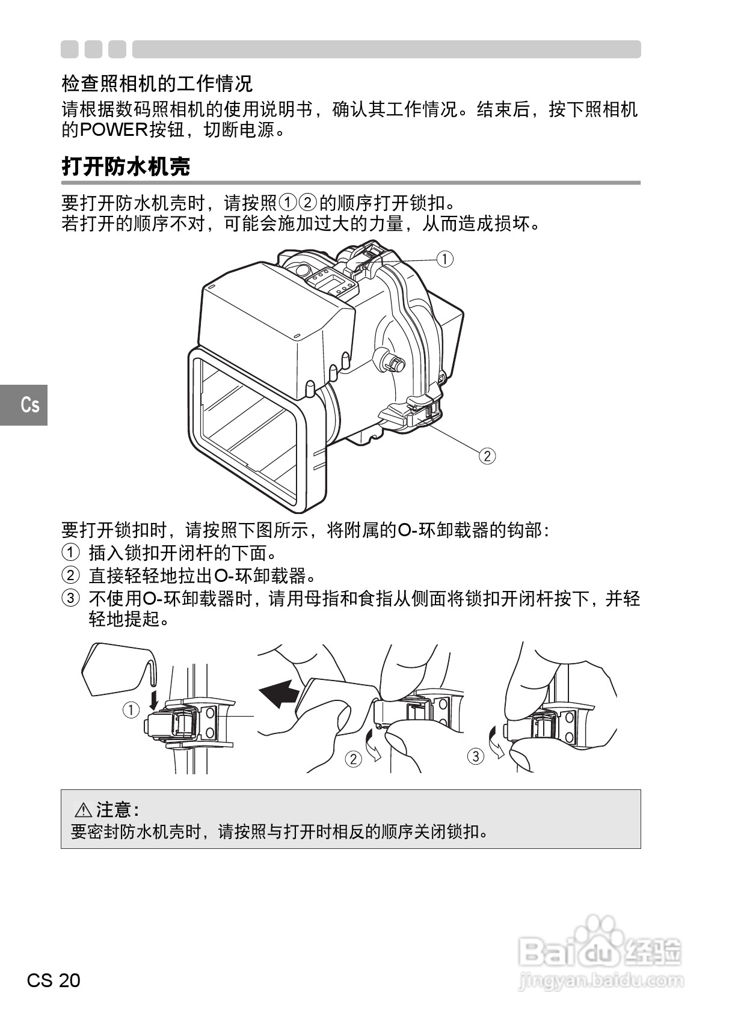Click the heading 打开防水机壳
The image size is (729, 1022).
126,167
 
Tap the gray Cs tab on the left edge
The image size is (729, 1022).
24,405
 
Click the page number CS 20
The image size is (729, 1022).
54,981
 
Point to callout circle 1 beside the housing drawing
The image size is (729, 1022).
444,259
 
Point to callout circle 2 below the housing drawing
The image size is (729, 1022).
487,456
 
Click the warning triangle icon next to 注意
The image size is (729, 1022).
82,810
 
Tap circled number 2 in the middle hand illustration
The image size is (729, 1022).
353,759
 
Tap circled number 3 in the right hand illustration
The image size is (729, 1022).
475,756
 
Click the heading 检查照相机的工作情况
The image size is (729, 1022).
157,83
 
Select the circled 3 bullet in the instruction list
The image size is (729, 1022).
70,598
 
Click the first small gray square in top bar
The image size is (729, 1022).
69,49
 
